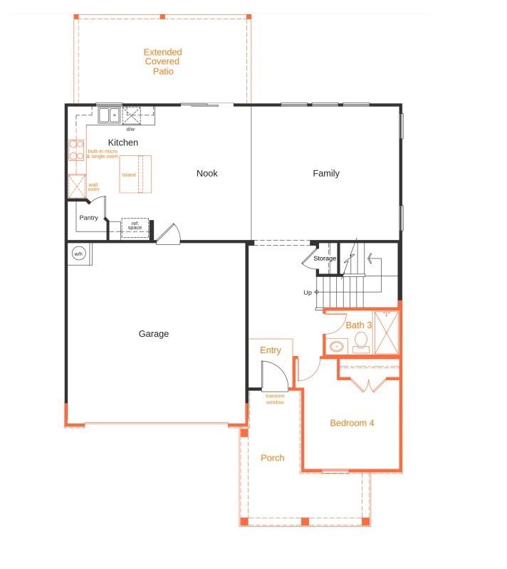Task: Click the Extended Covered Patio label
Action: click(x=162, y=62)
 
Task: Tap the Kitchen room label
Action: click(x=123, y=142)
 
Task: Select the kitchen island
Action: click(x=135, y=174)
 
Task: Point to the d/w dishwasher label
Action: click(x=130, y=129)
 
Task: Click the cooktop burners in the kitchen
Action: click(x=75, y=150)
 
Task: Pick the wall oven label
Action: click(x=93, y=187)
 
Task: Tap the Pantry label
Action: click(x=89, y=218)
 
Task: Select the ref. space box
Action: click(x=135, y=226)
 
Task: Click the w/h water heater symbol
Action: click(x=78, y=254)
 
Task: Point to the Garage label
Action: click(x=153, y=333)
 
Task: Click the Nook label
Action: click(x=207, y=173)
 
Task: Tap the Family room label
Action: click(x=326, y=173)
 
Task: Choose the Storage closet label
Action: click(x=325, y=259)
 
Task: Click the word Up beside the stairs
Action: click(x=308, y=292)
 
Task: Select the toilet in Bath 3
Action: click(x=361, y=346)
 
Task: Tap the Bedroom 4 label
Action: click(x=352, y=423)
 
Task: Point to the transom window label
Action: click(x=275, y=399)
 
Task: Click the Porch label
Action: click(x=272, y=458)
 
